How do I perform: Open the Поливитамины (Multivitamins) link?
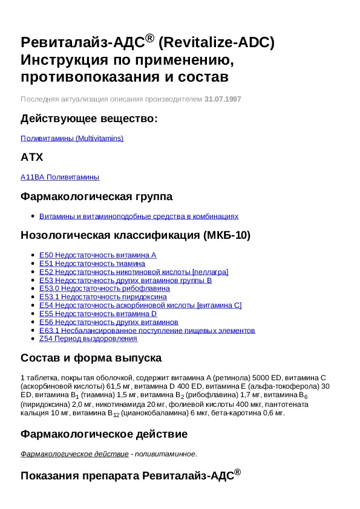click(x=72, y=138)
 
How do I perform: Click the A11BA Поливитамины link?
click(x=60, y=177)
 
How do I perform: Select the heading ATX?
click(x=32, y=158)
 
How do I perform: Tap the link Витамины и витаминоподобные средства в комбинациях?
click(x=139, y=216)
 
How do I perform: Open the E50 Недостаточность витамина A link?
click(x=97, y=255)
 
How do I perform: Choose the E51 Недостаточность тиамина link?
click(x=92, y=264)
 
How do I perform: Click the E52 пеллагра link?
click(x=134, y=272)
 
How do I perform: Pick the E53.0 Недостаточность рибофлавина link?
click(x=104, y=288)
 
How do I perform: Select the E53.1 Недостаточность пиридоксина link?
click(x=103, y=297)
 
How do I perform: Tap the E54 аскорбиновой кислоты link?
click(x=140, y=305)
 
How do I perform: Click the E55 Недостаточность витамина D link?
click(x=98, y=314)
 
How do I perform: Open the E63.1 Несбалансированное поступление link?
click(x=147, y=331)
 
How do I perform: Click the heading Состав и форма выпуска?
click(x=91, y=358)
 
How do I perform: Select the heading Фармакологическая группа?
click(x=96, y=196)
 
